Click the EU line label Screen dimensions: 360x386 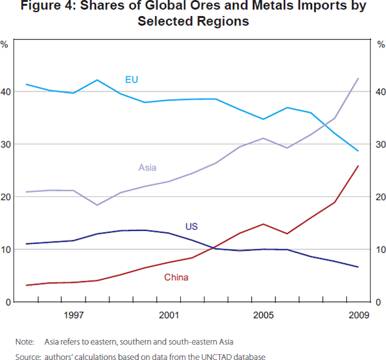click(131, 80)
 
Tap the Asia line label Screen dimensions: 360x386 click(147, 168)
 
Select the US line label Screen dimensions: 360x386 click(191, 227)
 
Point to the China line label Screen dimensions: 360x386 click(176, 278)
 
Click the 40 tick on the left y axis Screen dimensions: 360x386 click(6, 92)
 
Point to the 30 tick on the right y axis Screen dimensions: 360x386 click(380, 145)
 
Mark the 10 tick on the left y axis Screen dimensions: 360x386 click(6, 250)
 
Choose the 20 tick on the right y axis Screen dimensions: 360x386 click(380, 197)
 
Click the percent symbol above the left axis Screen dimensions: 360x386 click(5, 44)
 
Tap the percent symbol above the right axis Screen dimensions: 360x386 click(381, 44)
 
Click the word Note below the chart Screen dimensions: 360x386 click(24, 341)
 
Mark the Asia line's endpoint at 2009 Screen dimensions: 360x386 click(358, 78)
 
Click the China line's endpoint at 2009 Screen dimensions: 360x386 click(358, 166)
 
